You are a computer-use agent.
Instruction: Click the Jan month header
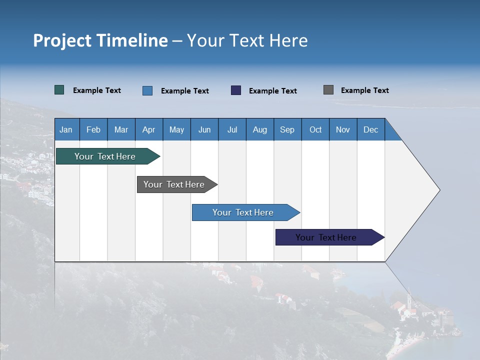(x=66, y=129)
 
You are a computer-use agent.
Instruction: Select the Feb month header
(x=93, y=129)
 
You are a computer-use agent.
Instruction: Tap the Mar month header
(x=121, y=129)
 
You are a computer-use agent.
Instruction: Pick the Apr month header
(x=149, y=129)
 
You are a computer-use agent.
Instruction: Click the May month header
(x=176, y=129)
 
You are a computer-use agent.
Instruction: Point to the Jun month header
(x=204, y=129)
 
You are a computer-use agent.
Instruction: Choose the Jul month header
(x=232, y=129)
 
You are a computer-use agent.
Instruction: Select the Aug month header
(x=260, y=129)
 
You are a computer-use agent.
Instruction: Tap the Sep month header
(x=287, y=129)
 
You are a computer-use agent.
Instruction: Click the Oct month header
(x=315, y=129)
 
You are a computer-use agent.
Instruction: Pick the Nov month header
(x=343, y=129)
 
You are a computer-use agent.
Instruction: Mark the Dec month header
(x=371, y=129)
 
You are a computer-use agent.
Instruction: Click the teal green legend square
(x=59, y=90)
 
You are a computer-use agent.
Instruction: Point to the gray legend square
(x=328, y=90)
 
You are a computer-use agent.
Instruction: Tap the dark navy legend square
(x=236, y=90)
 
